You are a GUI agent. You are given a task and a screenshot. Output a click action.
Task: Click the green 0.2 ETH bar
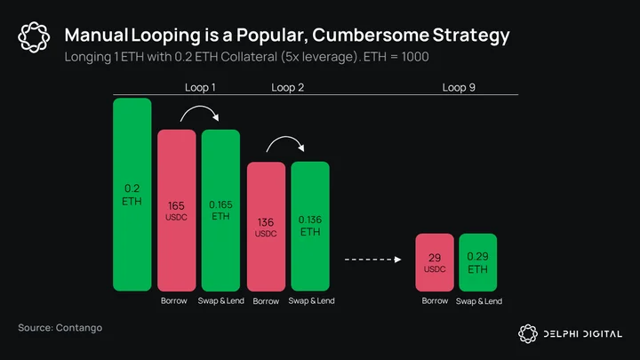132,195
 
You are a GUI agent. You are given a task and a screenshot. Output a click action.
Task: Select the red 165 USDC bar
177,210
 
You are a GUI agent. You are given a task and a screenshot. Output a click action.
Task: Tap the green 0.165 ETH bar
220,210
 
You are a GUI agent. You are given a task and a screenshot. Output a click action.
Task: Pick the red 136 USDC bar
266,227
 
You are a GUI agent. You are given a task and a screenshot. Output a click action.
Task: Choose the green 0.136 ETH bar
310,227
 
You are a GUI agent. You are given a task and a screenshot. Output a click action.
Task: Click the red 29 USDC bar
435,262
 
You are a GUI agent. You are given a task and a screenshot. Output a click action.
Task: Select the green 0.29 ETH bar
478,262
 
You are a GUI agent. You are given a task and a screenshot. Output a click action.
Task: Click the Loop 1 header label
200,87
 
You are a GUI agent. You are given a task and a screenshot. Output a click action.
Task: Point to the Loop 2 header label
288,87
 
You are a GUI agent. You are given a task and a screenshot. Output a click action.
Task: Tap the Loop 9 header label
459,87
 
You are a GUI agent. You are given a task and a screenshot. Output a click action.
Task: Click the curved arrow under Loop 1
200,107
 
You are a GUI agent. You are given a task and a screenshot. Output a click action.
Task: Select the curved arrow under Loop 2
285,137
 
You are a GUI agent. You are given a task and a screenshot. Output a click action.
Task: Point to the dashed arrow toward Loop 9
373,260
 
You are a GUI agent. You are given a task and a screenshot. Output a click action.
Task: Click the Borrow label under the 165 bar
174,300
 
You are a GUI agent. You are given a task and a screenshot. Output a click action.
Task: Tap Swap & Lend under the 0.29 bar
479,301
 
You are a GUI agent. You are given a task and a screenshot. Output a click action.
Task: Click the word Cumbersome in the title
371,35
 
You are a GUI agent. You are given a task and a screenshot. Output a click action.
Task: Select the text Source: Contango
60,328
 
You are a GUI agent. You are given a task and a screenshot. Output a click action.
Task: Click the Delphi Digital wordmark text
583,334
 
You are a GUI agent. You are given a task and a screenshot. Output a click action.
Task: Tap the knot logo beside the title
34,37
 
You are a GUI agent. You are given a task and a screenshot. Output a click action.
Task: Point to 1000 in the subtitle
415,57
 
